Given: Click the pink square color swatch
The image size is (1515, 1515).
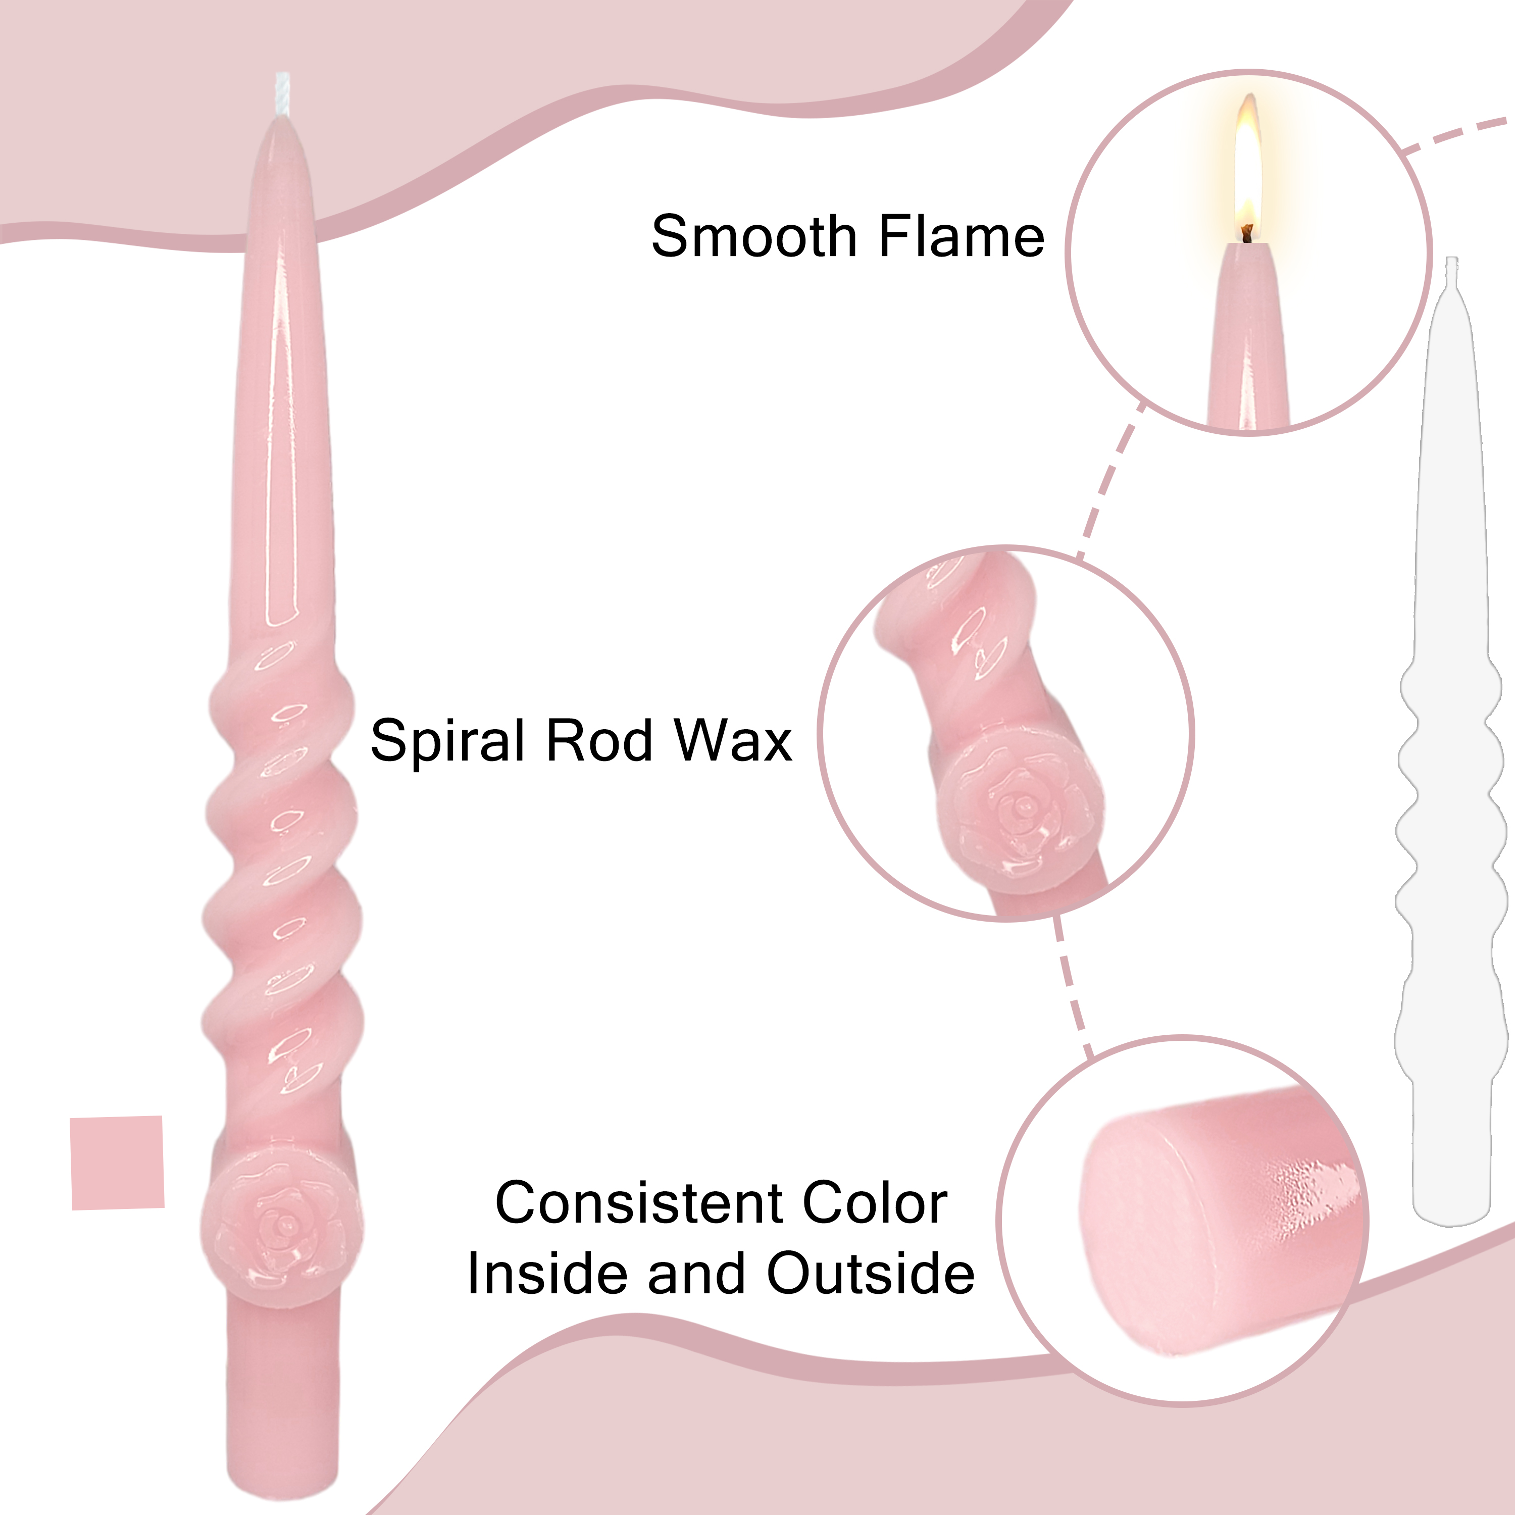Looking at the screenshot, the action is click(118, 1163).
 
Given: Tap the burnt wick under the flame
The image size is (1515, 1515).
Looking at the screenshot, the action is click(1247, 233).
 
